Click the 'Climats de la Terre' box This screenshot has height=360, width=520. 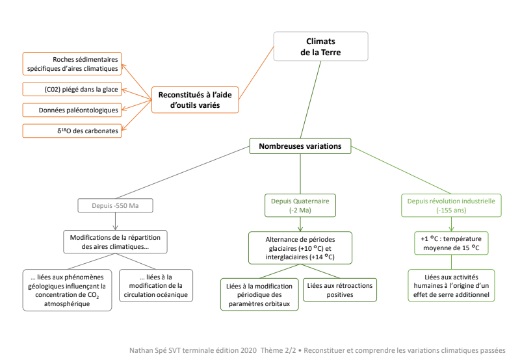click(x=320, y=46)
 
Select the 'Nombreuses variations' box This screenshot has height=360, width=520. click(x=300, y=146)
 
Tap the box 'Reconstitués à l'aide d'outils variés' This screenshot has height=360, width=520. click(x=195, y=100)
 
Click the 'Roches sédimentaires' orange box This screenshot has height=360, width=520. click(x=72, y=64)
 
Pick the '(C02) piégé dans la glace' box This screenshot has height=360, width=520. click(x=72, y=89)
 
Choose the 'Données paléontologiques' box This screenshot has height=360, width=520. click(x=72, y=110)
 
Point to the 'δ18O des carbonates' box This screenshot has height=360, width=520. click(x=72, y=131)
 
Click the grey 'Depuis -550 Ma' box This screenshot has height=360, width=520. click(x=116, y=205)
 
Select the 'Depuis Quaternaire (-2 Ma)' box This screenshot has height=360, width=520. click(x=300, y=205)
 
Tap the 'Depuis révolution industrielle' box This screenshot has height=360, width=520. click(x=451, y=205)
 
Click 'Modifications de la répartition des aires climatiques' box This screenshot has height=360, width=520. click(x=116, y=242)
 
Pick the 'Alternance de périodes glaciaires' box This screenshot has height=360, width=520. click(x=300, y=248)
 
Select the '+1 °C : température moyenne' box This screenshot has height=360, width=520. click(x=451, y=243)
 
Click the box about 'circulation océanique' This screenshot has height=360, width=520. click(x=156, y=286)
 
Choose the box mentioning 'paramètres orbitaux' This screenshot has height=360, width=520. click(x=259, y=295)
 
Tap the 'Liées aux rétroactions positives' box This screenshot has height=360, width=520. click(x=340, y=290)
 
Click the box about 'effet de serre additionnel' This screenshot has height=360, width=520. click(x=451, y=286)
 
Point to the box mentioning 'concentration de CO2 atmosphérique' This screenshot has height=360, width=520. click(x=67, y=290)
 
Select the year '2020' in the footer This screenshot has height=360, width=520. click(x=248, y=350)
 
